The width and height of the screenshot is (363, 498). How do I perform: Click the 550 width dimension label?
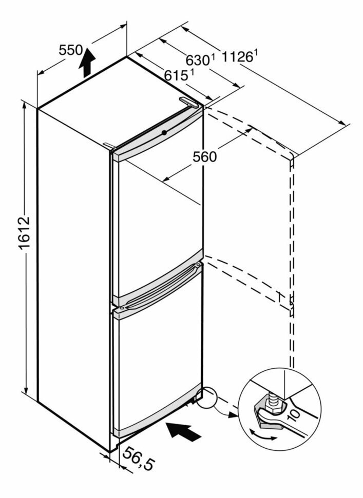point(70,50)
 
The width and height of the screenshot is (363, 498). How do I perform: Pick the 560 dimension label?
point(205,156)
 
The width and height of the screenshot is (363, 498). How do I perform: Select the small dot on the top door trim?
point(163,132)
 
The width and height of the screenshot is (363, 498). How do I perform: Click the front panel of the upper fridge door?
point(157,215)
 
